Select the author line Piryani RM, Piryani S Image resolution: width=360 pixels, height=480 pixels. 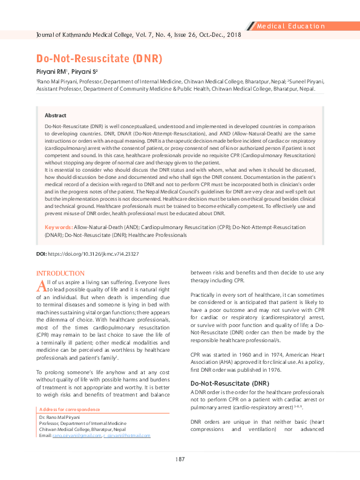(x=67, y=72)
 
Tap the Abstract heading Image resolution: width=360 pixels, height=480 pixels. (x=56, y=115)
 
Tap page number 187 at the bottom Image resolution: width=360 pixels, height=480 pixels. (x=180, y=460)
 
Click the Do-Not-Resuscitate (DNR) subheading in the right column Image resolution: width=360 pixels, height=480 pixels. (x=229, y=383)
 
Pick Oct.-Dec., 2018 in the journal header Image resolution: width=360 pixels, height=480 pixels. (x=219, y=36)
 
